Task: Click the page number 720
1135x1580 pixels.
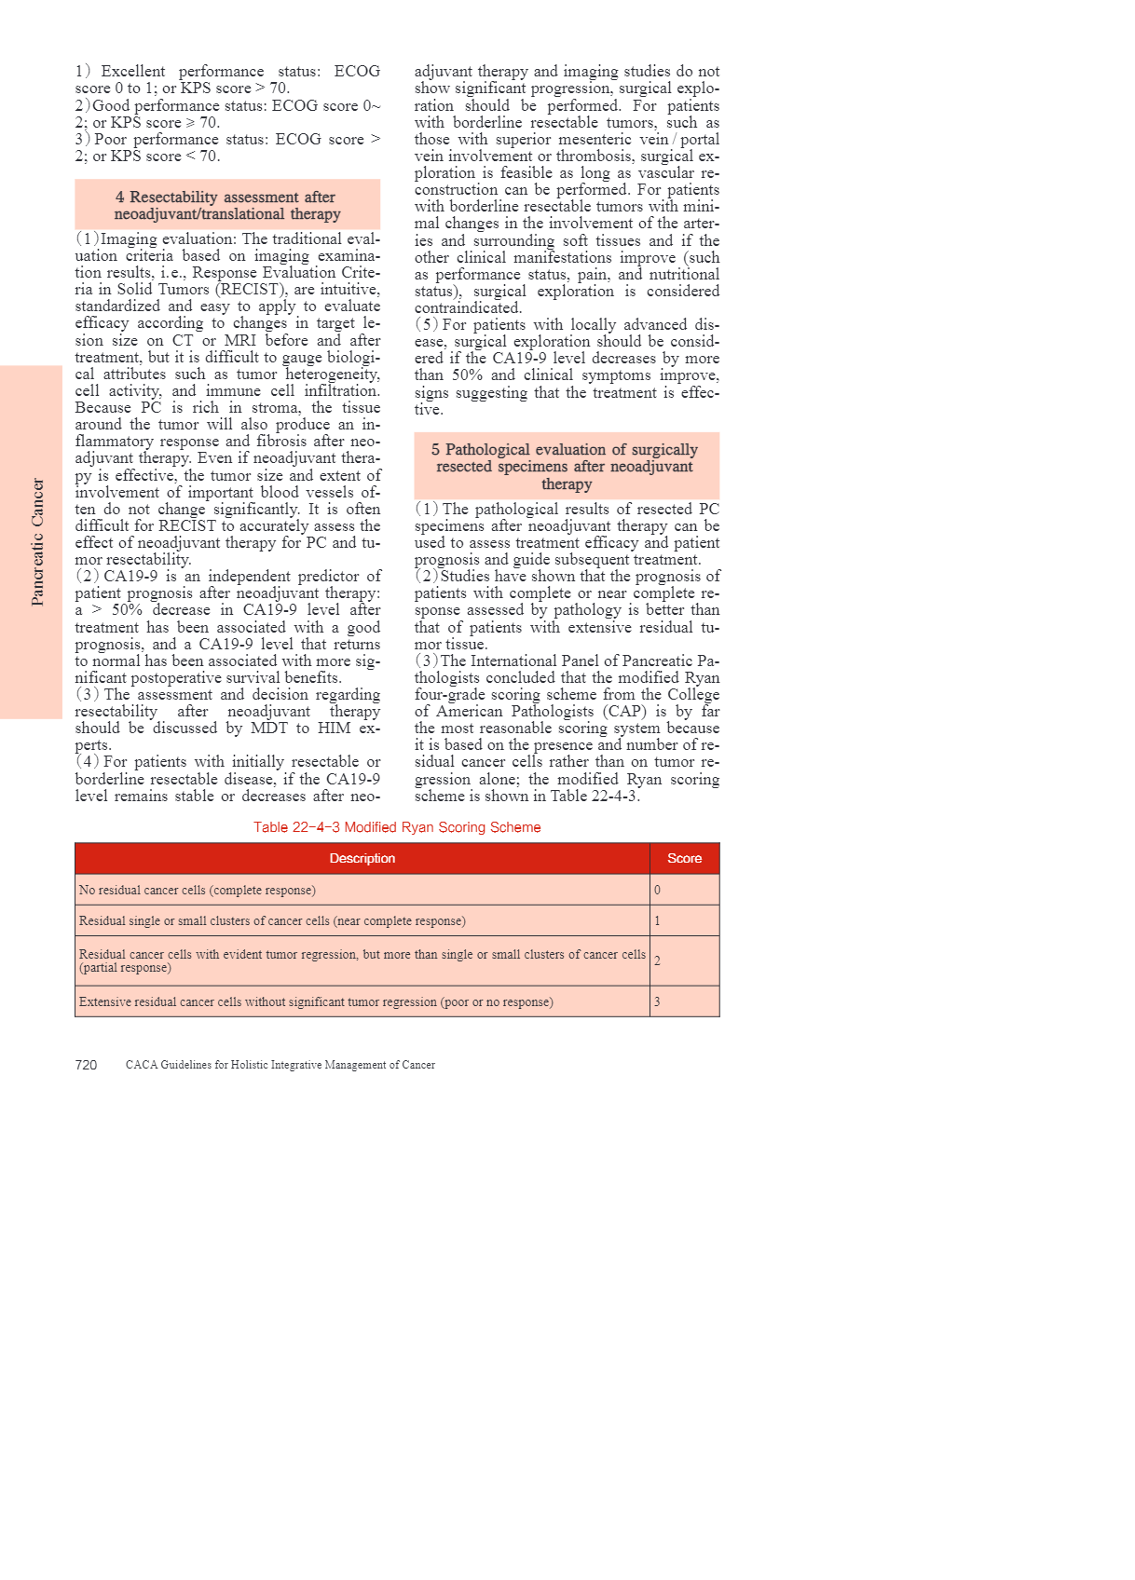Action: (x=86, y=1065)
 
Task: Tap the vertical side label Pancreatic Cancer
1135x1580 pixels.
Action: (x=37, y=541)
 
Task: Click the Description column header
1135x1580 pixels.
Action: (x=362, y=858)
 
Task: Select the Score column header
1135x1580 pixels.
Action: (x=684, y=858)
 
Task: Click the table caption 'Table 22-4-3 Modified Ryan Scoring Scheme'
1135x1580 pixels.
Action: (x=397, y=827)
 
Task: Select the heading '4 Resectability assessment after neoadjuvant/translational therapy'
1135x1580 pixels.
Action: (x=226, y=205)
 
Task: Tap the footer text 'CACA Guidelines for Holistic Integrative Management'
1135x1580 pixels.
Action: (x=280, y=1065)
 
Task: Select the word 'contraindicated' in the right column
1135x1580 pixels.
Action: (x=467, y=308)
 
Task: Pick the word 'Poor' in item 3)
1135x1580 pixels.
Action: (x=110, y=140)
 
